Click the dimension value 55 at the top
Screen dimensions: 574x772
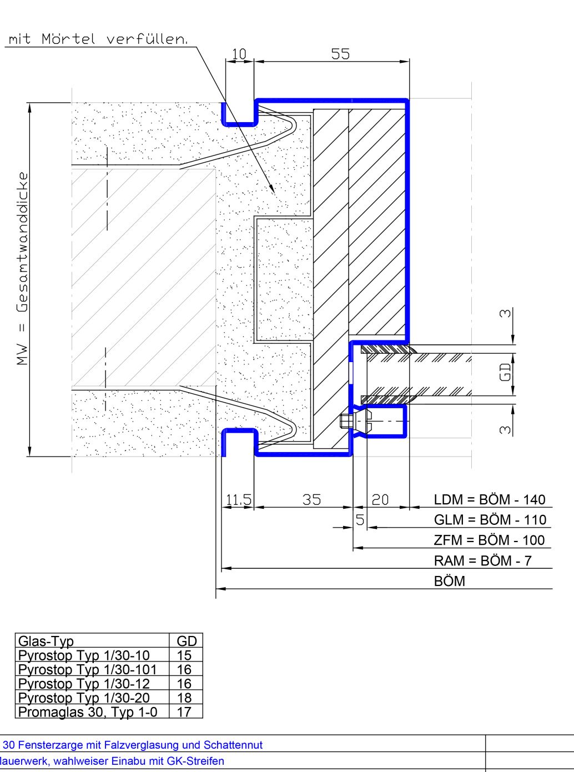click(340, 54)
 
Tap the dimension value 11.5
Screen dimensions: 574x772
click(239, 500)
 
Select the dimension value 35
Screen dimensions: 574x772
click(311, 500)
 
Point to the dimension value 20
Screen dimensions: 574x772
click(380, 500)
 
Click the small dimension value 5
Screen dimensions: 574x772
click(360, 520)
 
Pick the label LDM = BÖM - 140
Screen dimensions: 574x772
click(490, 499)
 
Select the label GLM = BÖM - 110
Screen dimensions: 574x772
click(490, 520)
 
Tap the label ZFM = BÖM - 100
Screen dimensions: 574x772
click(489, 540)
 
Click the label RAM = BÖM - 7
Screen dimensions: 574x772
click(483, 561)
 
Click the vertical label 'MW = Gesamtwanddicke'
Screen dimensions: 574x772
click(22, 268)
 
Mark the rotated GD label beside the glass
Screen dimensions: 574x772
click(505, 372)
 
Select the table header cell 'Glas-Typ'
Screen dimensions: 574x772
click(46, 641)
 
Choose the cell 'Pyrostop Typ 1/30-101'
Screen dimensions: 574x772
click(87, 669)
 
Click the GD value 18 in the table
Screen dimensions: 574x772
click(184, 698)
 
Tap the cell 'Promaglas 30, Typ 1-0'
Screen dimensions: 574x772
click(88, 712)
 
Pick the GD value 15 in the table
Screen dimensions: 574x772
click(184, 655)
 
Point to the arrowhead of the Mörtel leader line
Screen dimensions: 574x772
click(272, 189)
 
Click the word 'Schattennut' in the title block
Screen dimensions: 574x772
click(233, 745)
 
